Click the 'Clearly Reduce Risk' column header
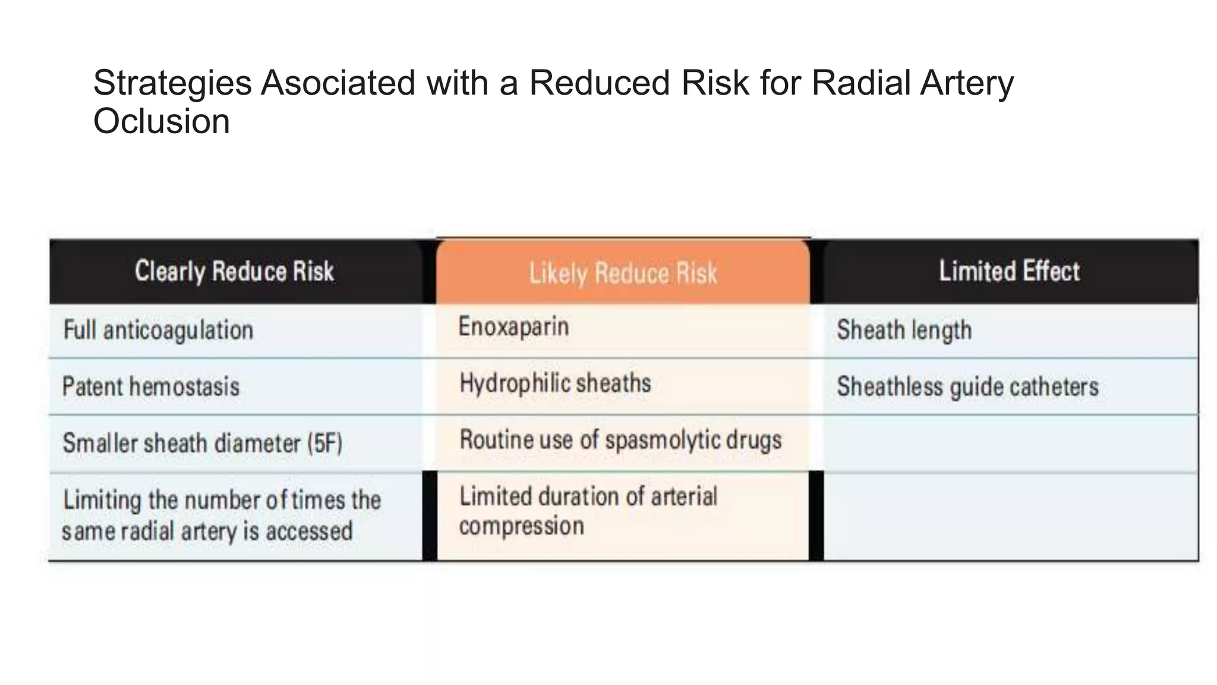tap(234, 271)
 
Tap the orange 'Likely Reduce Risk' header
tap(623, 274)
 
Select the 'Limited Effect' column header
tap(1009, 271)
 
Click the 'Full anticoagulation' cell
tap(158, 331)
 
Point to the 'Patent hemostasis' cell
tap(151, 387)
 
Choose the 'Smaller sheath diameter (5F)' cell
tap(202, 443)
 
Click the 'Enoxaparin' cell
tap(513, 326)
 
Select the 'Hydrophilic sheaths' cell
tap(555, 384)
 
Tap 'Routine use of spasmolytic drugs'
tap(620, 440)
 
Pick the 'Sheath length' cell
tap(904, 331)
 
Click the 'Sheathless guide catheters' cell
tap(967, 387)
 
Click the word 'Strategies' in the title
tap(172, 83)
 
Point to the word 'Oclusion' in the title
tap(161, 121)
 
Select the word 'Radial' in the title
tap(860, 83)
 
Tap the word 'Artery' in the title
tap(967, 84)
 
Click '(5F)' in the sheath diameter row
tap(324, 444)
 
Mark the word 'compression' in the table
tap(521, 526)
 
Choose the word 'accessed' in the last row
tap(309, 531)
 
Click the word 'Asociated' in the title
tap(338, 83)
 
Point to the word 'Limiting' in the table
tap(102, 500)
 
